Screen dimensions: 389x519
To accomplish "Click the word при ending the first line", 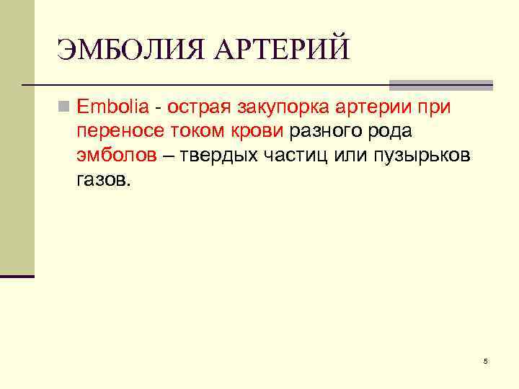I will (x=434, y=108).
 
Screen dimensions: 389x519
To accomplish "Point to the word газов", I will (x=103, y=179).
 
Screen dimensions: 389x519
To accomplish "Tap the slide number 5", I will (x=485, y=360).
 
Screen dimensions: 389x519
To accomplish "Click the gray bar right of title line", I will (x=440, y=84).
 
